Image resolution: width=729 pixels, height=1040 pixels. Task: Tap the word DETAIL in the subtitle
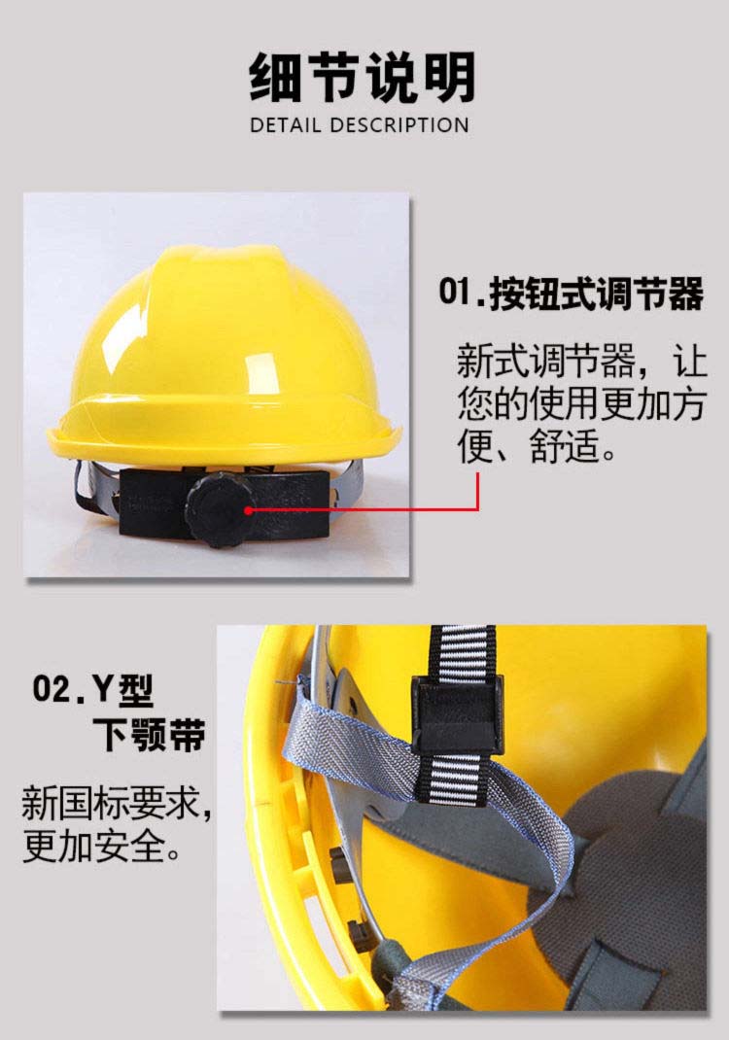click(x=285, y=124)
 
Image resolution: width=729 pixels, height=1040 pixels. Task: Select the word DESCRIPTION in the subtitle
click(x=399, y=124)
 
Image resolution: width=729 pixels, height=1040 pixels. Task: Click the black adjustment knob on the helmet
click(x=219, y=510)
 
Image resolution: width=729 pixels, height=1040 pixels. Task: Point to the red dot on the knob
click(x=248, y=510)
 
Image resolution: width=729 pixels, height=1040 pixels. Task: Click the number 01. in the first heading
click(x=461, y=293)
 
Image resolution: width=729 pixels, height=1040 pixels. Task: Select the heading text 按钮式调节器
click(x=596, y=294)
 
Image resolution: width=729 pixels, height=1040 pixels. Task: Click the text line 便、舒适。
click(x=538, y=445)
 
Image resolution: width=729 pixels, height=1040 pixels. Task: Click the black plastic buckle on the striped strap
click(x=457, y=715)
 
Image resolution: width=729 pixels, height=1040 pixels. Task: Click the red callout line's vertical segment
click(x=477, y=491)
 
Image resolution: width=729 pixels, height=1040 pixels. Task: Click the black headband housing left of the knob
click(x=154, y=505)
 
